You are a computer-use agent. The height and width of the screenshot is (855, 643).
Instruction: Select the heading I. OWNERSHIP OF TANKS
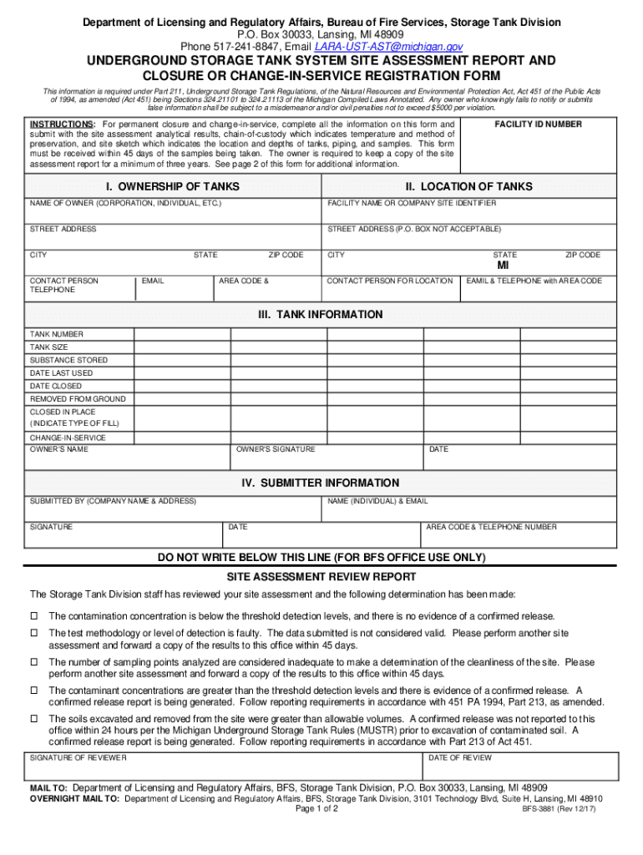pyautogui.click(x=172, y=186)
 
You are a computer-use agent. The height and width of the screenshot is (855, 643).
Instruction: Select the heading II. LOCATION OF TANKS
pyautogui.click(x=468, y=186)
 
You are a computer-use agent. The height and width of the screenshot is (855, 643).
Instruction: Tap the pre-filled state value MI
pyautogui.click(x=503, y=266)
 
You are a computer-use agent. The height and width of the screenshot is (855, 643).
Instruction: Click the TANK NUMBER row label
pyautogui.click(x=57, y=334)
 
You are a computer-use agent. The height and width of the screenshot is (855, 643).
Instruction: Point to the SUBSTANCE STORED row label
pyautogui.click(x=68, y=360)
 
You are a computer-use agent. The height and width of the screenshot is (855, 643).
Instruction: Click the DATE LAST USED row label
pyautogui.click(x=62, y=373)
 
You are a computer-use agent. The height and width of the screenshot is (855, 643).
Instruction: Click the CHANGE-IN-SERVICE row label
pyautogui.click(x=68, y=438)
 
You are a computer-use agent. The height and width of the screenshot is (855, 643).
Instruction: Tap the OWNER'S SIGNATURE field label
pyautogui.click(x=276, y=449)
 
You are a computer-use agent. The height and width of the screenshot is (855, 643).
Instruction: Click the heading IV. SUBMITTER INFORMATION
pyautogui.click(x=321, y=483)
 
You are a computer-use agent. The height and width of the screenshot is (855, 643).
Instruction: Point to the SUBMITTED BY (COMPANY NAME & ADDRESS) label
pyautogui.click(x=113, y=501)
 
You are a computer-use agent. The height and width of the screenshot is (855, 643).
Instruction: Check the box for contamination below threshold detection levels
pyautogui.click(x=35, y=615)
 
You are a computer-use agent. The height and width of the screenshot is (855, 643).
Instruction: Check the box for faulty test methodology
pyautogui.click(x=35, y=633)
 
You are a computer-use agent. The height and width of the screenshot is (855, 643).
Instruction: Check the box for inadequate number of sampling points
pyautogui.click(x=35, y=662)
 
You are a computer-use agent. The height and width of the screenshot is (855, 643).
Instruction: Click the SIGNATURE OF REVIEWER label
pyautogui.click(x=78, y=757)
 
